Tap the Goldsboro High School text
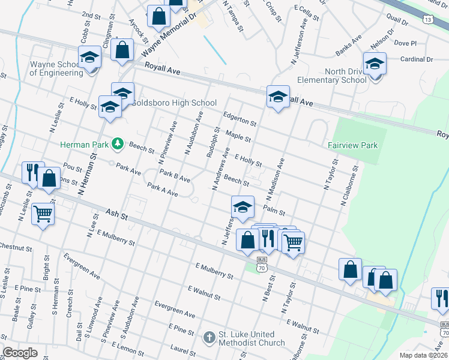click(x=165, y=103)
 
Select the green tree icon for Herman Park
click(x=119, y=144)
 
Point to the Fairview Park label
click(x=352, y=145)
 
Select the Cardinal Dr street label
click(x=416, y=59)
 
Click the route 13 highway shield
click(x=427, y=20)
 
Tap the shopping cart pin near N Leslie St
click(x=43, y=213)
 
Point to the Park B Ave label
click(x=175, y=176)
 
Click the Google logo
click(x=20, y=353)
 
